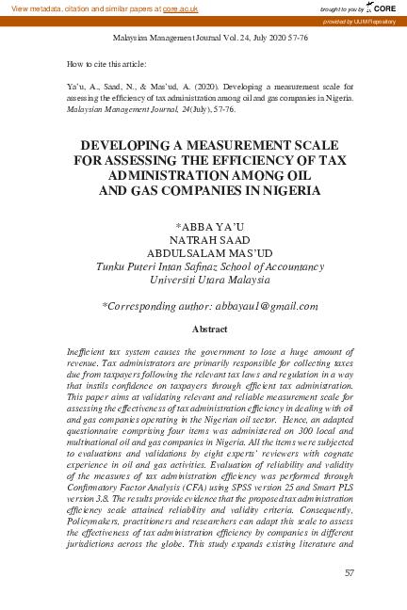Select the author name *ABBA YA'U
coord(203,227)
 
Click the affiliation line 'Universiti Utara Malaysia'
coord(203,280)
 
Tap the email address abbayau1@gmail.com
coord(267,306)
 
